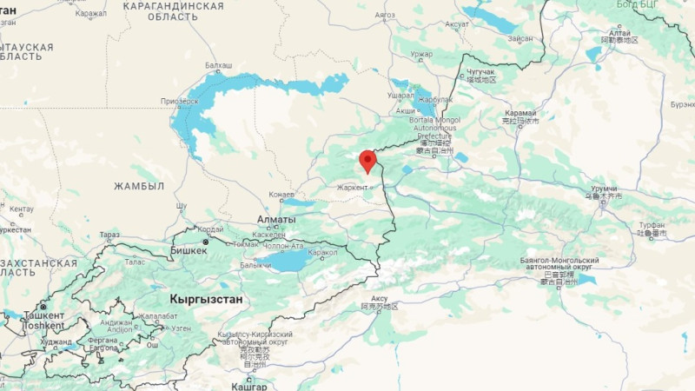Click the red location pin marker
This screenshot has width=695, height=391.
click(x=367, y=161)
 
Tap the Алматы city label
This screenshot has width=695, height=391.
click(x=276, y=220)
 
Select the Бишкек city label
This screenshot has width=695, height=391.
click(x=189, y=250)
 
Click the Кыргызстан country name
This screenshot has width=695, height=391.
click(x=207, y=299)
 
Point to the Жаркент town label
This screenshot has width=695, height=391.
click(x=353, y=187)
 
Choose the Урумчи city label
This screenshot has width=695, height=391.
click(x=604, y=189)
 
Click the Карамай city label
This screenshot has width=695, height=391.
click(x=520, y=114)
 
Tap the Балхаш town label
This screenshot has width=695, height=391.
click(x=218, y=65)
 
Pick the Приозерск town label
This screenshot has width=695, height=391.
click(x=180, y=101)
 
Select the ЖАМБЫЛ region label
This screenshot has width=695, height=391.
click(x=139, y=186)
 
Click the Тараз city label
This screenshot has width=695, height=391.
click(x=109, y=235)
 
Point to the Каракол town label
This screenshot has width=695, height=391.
click(x=322, y=253)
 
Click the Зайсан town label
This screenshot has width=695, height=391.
click(x=520, y=38)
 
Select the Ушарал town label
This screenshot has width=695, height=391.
click(x=400, y=95)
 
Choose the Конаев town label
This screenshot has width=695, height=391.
click(x=282, y=194)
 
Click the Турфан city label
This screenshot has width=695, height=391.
click(x=652, y=224)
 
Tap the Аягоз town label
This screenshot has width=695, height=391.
click(x=384, y=15)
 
